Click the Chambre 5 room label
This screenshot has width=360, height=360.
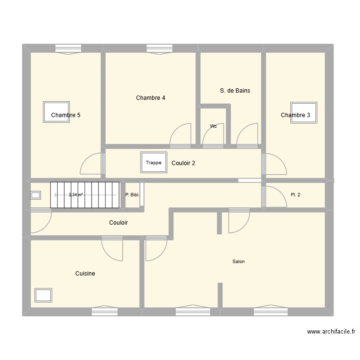66,115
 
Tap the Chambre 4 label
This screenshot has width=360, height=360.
151,98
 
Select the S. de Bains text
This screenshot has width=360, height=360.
235,90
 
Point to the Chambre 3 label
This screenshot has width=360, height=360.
295,115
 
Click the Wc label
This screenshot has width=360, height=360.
213,126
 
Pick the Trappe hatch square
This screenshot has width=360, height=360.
154,163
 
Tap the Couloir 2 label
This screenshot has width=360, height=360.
183,163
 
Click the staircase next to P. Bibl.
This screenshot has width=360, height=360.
84,195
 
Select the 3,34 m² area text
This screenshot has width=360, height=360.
75,195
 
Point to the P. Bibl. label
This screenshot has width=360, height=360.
132,195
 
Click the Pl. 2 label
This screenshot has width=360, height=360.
296,195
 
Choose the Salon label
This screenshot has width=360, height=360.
239,262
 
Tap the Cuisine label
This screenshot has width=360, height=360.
85,274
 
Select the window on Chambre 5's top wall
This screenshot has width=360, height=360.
69,48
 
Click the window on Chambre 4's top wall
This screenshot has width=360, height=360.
159,48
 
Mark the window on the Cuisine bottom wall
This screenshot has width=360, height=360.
105,312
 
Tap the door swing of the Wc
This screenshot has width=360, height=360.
213,137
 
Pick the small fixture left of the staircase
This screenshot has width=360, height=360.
36,195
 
